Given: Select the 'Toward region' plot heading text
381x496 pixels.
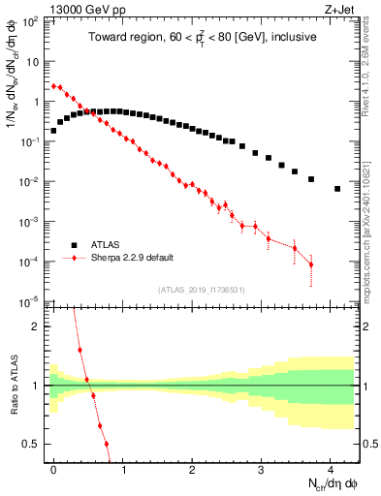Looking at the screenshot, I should [205, 38].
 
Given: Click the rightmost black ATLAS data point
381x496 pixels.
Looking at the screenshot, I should [337, 189].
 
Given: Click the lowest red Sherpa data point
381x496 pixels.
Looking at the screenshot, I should [311, 264].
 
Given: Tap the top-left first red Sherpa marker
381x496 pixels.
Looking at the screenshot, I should [54, 85].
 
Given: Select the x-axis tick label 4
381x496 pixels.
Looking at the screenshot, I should [331, 468].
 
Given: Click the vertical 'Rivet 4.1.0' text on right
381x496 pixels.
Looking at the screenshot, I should [372, 58].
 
